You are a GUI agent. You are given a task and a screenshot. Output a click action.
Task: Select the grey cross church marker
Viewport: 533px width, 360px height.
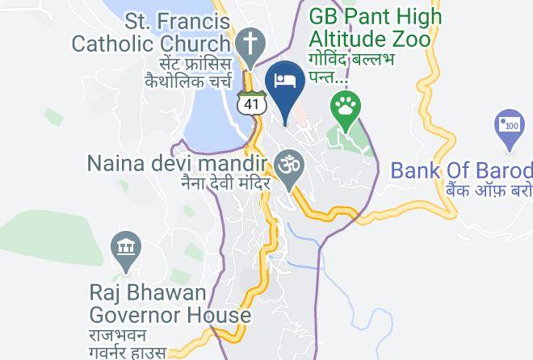[x=250, y=41]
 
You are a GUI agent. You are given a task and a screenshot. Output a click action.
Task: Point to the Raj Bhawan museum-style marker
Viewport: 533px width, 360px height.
[x=127, y=248]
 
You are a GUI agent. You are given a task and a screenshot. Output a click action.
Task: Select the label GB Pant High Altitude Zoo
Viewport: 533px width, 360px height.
[x=376, y=27]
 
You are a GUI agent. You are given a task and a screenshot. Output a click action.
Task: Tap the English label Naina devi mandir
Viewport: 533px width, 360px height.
[x=176, y=165]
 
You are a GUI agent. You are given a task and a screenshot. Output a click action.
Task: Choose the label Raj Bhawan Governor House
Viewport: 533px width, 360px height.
[x=170, y=303]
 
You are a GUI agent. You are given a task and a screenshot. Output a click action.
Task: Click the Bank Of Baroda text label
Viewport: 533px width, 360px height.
[x=461, y=171]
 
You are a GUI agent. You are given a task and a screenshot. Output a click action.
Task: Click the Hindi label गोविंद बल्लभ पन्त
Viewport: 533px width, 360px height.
[x=350, y=68]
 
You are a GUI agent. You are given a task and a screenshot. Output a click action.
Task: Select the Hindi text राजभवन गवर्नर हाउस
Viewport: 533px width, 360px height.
[x=128, y=343]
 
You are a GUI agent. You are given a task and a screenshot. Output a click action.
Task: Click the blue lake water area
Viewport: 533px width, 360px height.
[x=211, y=117]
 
